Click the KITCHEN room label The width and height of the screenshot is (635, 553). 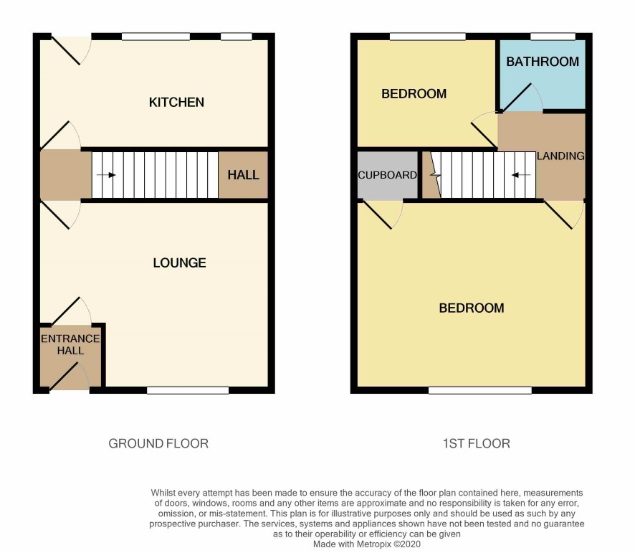click(x=176, y=102)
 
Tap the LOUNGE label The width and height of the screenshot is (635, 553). click(x=179, y=263)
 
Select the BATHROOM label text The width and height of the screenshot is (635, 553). click(x=543, y=62)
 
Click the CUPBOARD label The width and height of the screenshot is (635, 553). click(x=387, y=175)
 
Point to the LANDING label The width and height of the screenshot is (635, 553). click(x=560, y=156)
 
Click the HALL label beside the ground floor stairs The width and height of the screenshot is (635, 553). click(x=243, y=175)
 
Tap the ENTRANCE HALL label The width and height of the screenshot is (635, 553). click(x=70, y=344)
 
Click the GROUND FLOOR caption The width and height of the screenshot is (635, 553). click(x=158, y=443)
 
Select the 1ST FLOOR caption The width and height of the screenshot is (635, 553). click(x=476, y=443)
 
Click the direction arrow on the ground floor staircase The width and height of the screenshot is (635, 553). click(x=106, y=175)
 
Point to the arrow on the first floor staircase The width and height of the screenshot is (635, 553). click(x=521, y=175)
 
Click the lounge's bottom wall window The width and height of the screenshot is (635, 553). click(x=188, y=390)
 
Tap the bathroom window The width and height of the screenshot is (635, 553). click(x=553, y=37)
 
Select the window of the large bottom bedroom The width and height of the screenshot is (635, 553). click(x=480, y=390)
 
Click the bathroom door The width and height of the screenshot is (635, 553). click(x=517, y=98)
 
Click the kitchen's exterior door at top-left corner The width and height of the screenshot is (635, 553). click(x=67, y=51)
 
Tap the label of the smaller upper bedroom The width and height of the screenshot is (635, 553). click(x=414, y=94)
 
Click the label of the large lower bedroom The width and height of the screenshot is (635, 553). click(x=472, y=308)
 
